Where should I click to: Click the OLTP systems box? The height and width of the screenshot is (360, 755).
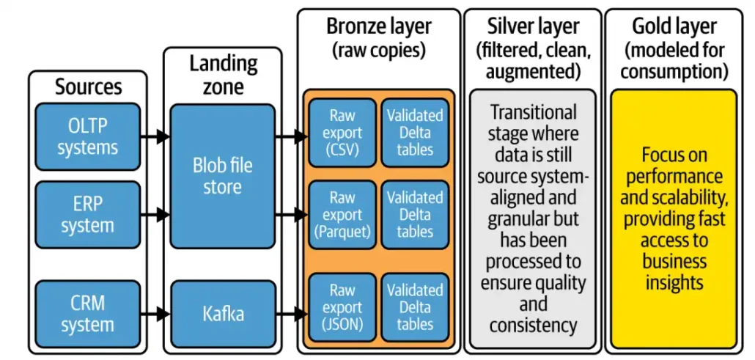[86, 137]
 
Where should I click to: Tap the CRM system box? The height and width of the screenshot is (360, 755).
[86, 315]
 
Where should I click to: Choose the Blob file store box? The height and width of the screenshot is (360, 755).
[222, 176]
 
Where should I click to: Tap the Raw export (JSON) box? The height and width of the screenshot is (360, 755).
[342, 308]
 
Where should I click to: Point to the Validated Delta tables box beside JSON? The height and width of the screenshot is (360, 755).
[415, 308]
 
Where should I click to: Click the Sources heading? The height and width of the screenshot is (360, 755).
[86, 87]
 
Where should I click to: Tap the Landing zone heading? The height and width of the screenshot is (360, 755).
[223, 74]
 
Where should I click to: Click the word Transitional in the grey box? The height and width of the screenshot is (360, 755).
[533, 113]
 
